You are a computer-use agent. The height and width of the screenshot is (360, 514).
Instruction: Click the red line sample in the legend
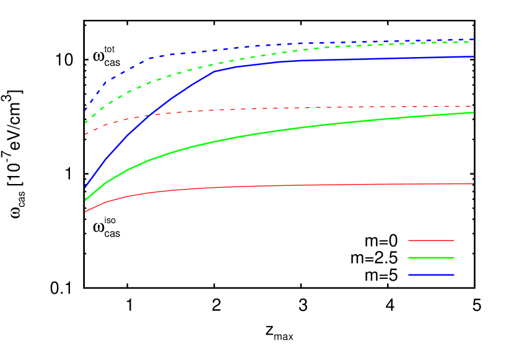tap(431, 240)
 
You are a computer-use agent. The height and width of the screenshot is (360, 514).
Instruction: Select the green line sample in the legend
tap(431, 258)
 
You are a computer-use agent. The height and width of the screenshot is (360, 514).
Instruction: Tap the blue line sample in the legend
tap(431, 275)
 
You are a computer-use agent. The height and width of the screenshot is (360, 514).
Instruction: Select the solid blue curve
tap(341, 59)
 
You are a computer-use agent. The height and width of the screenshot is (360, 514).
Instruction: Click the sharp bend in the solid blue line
tap(214, 72)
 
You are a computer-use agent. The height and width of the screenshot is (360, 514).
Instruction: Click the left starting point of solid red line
tap(85, 211)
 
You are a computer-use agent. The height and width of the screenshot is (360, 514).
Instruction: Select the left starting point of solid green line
tap(85, 200)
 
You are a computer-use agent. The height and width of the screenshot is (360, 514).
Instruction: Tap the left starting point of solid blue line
tap(85, 187)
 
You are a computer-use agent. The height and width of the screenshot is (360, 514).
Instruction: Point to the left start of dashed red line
tap(85, 134)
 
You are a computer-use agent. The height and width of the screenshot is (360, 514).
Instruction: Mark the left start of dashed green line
tap(85, 123)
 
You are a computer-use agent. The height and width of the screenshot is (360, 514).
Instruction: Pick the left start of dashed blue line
tap(85, 110)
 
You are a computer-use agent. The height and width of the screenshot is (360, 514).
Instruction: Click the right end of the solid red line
tap(473, 183)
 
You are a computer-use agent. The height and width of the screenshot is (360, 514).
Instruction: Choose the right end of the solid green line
tap(473, 113)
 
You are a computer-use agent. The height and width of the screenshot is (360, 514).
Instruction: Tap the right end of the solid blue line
tap(473, 56)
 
